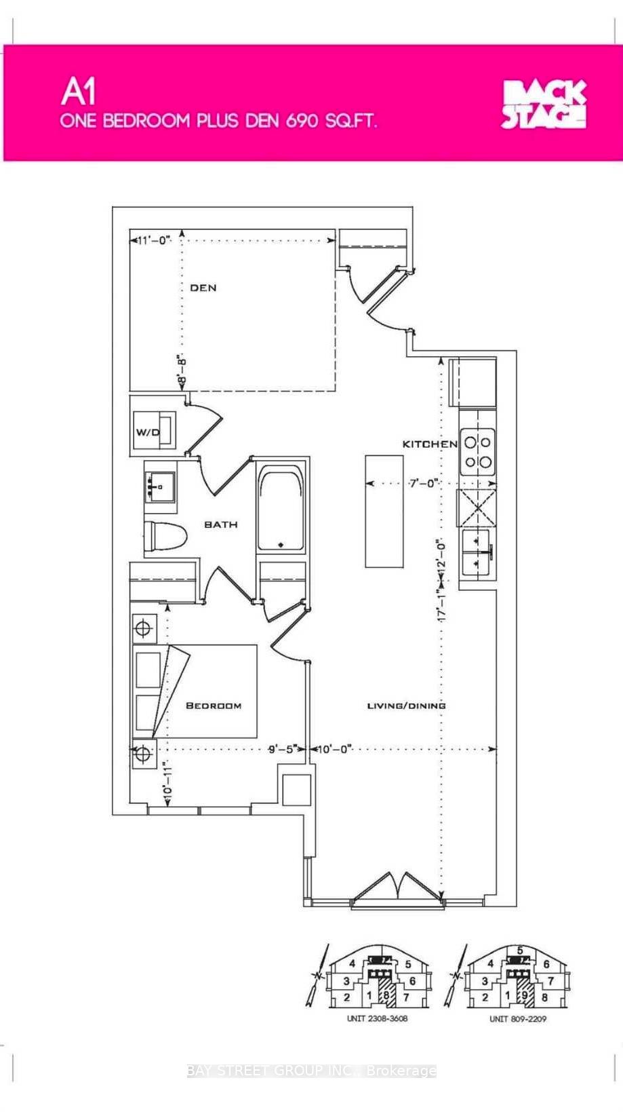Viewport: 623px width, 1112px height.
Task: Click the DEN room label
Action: click(x=203, y=288)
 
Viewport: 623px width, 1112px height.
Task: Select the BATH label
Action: click(x=221, y=524)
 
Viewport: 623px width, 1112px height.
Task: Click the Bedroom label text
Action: click(x=214, y=706)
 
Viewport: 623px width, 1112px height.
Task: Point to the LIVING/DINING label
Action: click(x=406, y=706)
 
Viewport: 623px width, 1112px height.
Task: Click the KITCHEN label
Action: click(x=430, y=444)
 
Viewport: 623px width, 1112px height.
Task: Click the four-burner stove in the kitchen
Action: click(x=478, y=452)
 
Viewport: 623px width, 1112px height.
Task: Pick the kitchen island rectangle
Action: click(x=384, y=512)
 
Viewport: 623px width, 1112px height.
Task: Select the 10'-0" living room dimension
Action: click(x=336, y=750)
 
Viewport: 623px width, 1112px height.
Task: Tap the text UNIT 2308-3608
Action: click(x=377, y=1018)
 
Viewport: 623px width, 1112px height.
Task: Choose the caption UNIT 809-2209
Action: click(x=518, y=1019)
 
